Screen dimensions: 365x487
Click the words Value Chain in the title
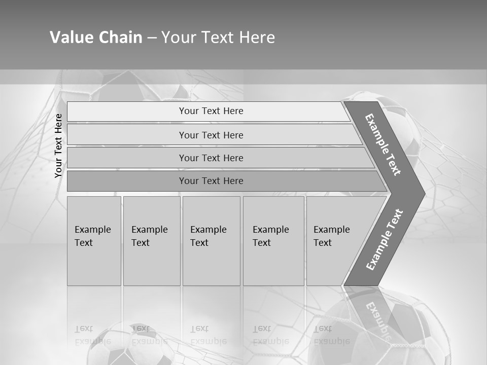tap(96, 38)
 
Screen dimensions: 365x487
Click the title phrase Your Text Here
tap(218, 38)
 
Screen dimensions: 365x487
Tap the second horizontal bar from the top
tap(211, 135)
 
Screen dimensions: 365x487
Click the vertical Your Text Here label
tap(58, 145)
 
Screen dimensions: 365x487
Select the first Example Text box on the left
tap(94, 241)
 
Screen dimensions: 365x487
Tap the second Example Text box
tap(151, 241)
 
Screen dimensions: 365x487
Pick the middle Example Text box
tap(211, 241)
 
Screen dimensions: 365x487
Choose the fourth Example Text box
tap(273, 241)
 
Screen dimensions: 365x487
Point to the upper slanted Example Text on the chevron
tap(384, 144)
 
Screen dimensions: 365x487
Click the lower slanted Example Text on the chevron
tap(385, 239)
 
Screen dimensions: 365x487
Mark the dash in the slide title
tap(152, 38)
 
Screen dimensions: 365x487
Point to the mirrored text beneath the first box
tap(93, 335)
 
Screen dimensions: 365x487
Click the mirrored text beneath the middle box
tap(208, 335)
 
